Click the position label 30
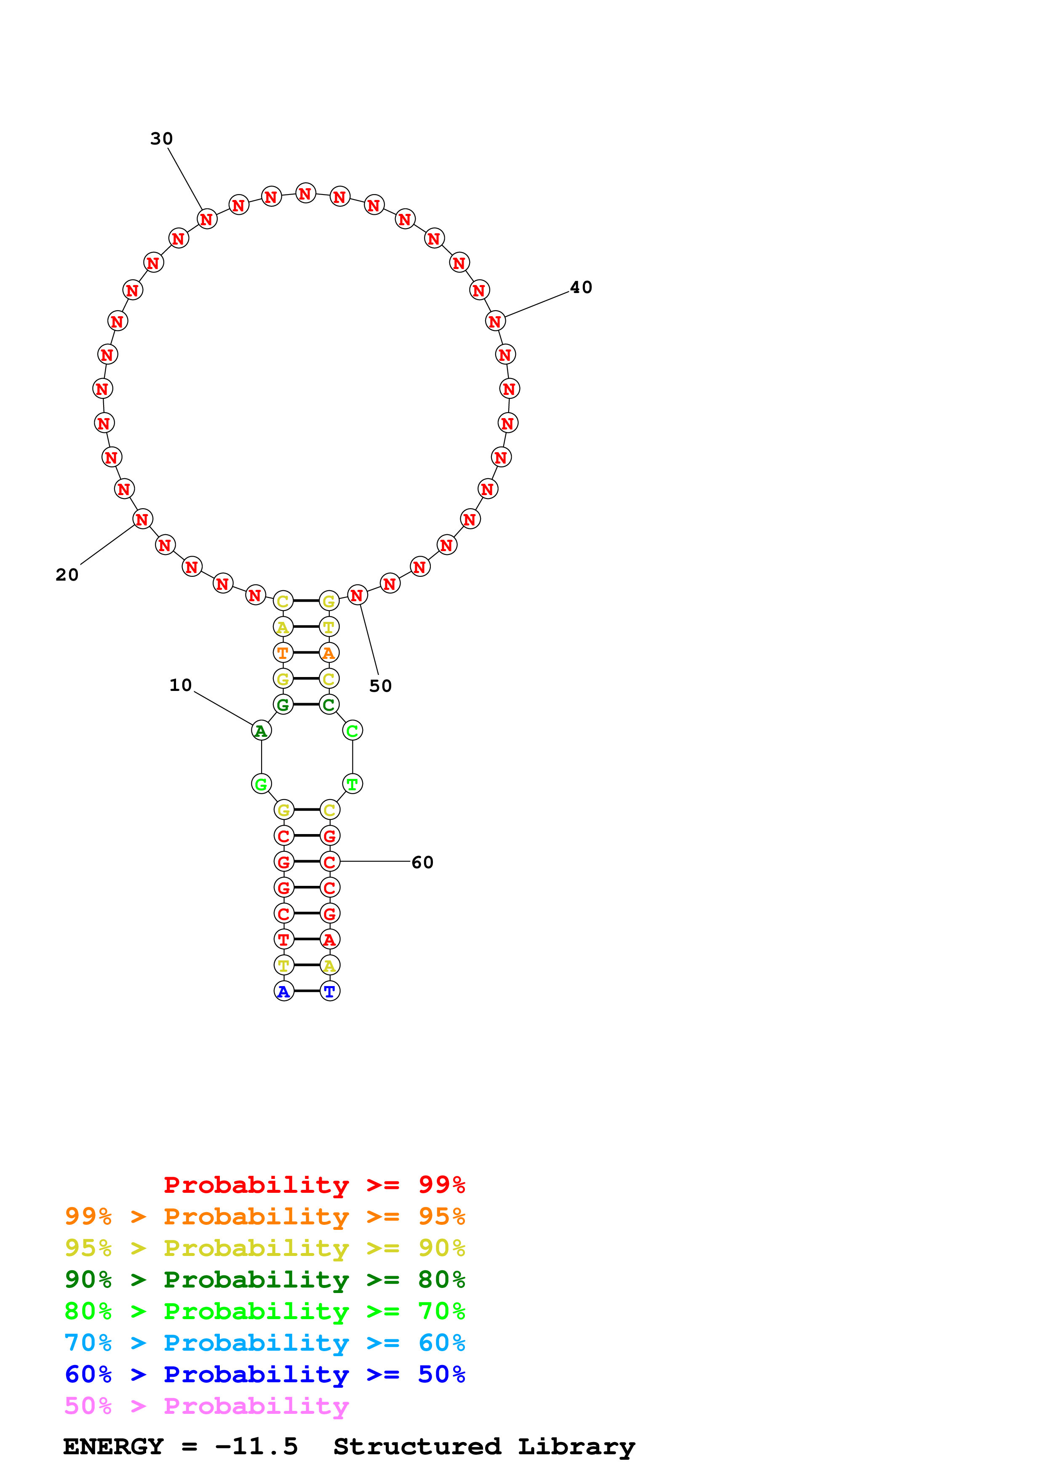[x=161, y=139]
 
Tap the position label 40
[x=581, y=288]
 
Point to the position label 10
[x=181, y=685]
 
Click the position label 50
[x=380, y=686]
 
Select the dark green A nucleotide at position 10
[x=261, y=731]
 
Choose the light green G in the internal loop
[x=261, y=784]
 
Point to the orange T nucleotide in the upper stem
[x=283, y=653]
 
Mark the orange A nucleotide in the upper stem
[x=329, y=653]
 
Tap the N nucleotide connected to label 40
[x=495, y=321]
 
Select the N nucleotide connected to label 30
[x=206, y=219]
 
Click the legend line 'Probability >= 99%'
[x=314, y=1185]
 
